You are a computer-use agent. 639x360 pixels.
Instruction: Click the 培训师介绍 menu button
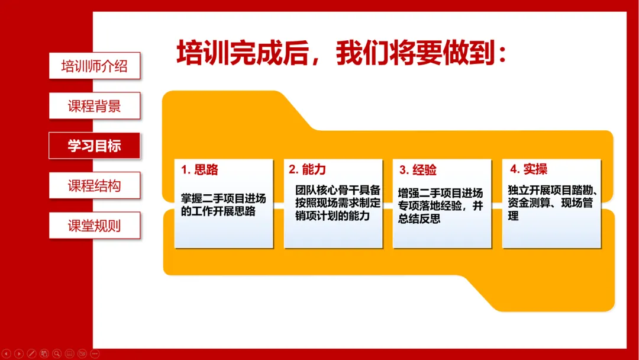[95, 66]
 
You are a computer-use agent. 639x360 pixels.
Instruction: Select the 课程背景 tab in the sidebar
[95, 105]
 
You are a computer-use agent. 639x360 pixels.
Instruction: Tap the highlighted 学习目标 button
[94, 146]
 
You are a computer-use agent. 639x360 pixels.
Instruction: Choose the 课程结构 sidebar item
[95, 185]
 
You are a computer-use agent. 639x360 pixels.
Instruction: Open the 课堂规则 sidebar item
[95, 226]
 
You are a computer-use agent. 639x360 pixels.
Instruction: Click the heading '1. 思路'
[200, 169]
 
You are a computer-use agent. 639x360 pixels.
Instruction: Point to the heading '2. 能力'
[308, 169]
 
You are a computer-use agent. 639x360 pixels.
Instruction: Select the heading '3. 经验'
[418, 169]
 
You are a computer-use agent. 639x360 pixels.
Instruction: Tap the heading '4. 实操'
[528, 169]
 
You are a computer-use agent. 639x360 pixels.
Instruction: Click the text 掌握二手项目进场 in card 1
[223, 198]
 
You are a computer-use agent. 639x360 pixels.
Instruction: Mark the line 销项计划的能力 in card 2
[333, 216]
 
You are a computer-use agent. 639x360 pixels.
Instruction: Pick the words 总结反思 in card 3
[419, 218]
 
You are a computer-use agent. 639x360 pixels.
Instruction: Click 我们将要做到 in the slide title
[416, 53]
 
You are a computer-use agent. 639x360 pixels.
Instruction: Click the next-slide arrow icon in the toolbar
[19, 353]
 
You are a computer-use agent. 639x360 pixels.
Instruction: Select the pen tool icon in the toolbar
[31, 353]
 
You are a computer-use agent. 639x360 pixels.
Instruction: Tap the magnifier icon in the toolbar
[57, 353]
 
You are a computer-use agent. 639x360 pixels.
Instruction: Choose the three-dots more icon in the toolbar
[95, 353]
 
